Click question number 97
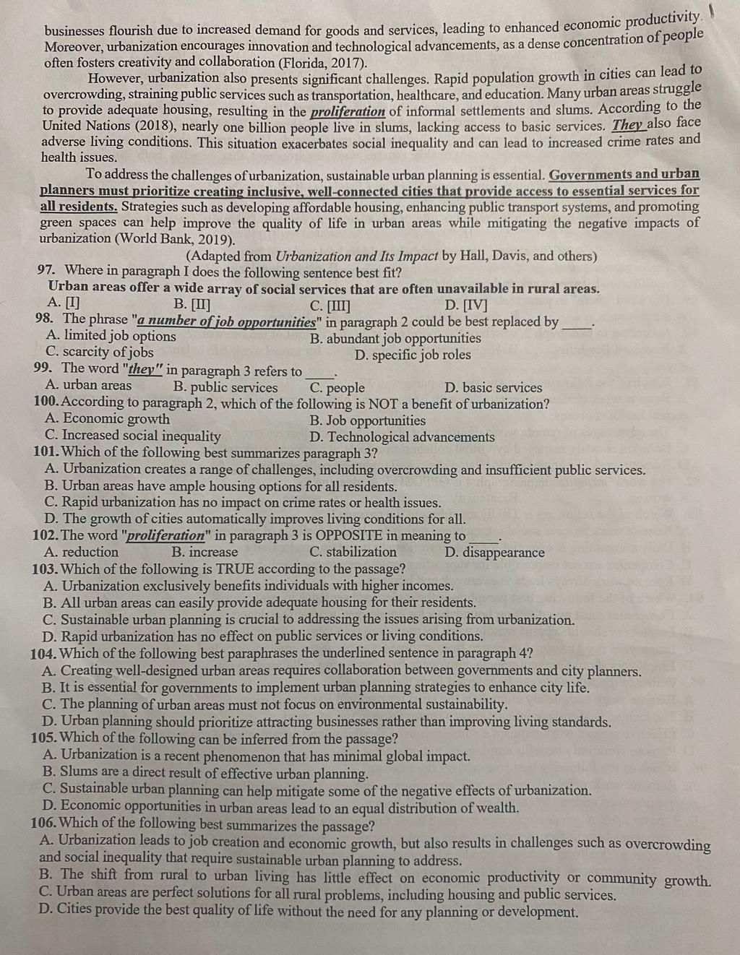(x=46, y=271)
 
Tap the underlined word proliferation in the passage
(x=348, y=112)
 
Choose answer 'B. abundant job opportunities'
(x=395, y=338)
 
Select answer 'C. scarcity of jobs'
(x=99, y=353)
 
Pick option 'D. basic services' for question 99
(x=493, y=388)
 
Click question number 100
(x=45, y=403)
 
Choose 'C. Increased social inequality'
(x=132, y=436)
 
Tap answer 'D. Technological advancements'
(x=402, y=437)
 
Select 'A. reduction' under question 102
(x=81, y=552)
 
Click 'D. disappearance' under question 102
(x=494, y=553)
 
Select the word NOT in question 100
(x=383, y=404)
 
